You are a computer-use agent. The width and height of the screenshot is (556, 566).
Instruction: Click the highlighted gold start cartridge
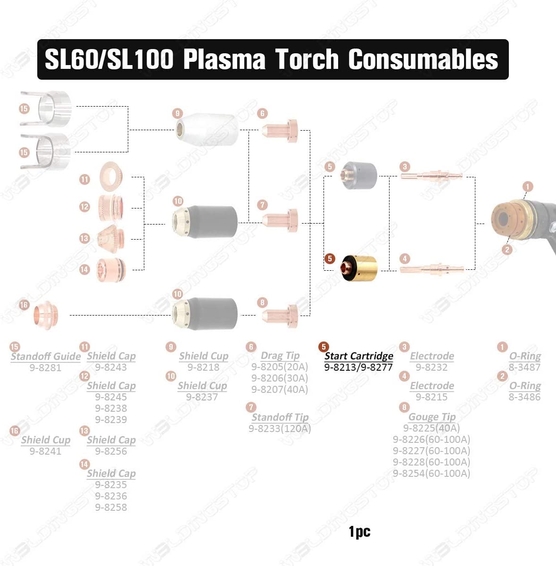(x=358, y=268)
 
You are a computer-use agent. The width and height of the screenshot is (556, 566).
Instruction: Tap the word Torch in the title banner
(x=307, y=59)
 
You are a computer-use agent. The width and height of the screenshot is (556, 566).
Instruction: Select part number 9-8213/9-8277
(x=358, y=367)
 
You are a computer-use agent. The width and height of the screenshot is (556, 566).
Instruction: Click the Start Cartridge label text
(x=358, y=356)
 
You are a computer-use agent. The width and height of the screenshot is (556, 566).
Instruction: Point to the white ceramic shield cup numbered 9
(x=207, y=130)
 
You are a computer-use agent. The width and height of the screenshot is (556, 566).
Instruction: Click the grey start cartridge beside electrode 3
(x=358, y=175)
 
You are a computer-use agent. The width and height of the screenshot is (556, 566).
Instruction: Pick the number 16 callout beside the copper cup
(x=24, y=305)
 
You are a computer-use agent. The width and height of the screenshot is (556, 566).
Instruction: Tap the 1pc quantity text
(x=359, y=532)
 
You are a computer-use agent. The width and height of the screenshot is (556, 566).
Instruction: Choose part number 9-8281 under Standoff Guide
(x=45, y=368)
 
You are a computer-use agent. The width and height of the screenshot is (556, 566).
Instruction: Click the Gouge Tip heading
(x=432, y=417)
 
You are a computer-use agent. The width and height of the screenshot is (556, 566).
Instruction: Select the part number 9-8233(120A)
(x=280, y=429)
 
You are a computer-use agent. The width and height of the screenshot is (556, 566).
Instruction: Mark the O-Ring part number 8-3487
(x=524, y=367)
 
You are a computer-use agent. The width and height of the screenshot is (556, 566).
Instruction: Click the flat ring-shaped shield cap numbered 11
(x=110, y=177)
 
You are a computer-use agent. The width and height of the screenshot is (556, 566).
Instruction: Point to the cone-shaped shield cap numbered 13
(x=111, y=239)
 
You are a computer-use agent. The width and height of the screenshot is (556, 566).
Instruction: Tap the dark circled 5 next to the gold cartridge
(x=330, y=258)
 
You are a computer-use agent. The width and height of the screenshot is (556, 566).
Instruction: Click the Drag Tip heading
(x=280, y=356)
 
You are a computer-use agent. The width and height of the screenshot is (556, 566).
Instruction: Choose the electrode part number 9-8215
(x=432, y=397)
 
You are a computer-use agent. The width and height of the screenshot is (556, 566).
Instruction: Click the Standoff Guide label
(x=46, y=357)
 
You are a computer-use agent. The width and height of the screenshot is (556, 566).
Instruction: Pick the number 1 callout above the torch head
(x=528, y=186)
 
